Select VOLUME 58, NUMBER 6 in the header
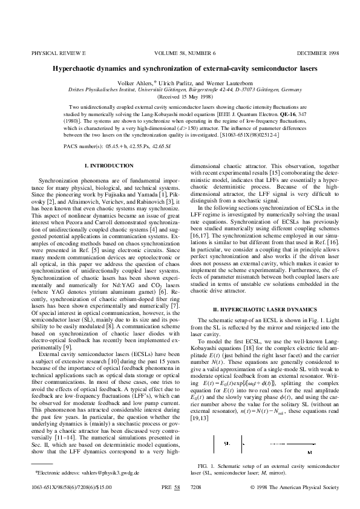[180, 54]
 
